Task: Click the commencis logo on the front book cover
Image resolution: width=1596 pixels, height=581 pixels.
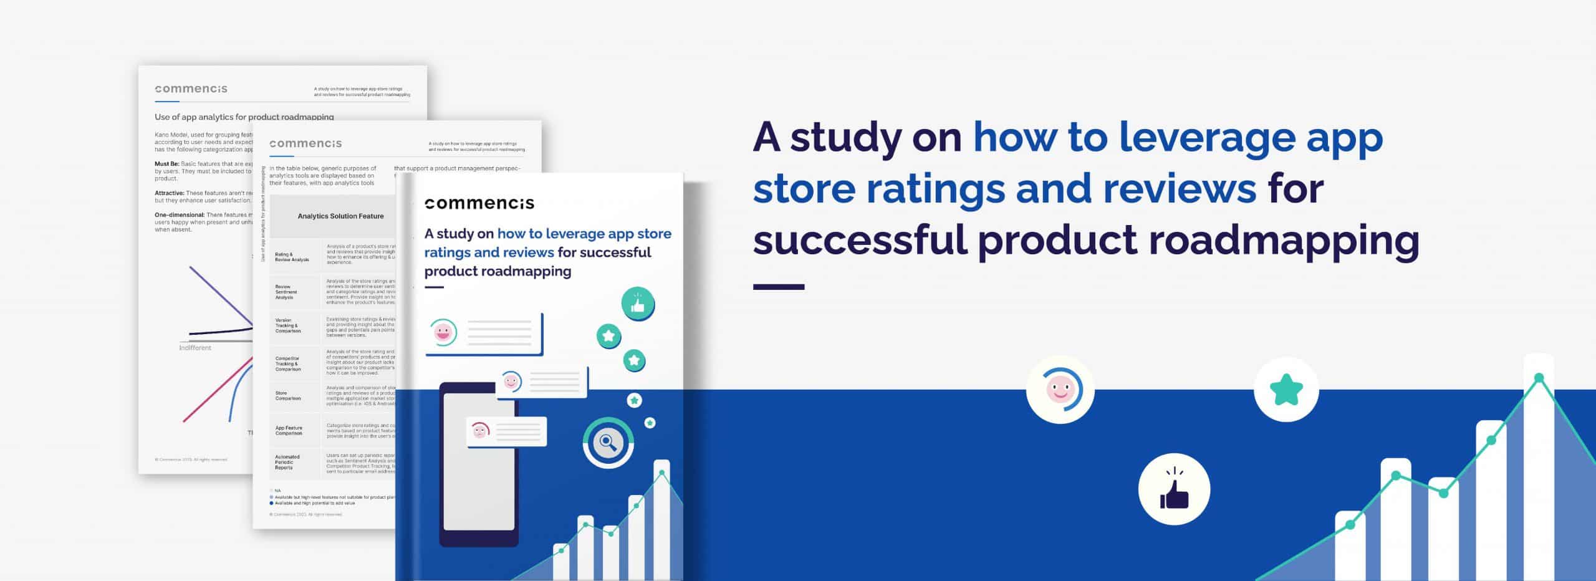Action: (x=479, y=203)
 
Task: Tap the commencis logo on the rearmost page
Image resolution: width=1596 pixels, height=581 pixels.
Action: (x=191, y=89)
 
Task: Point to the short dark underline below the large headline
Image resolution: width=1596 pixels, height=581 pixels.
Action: (x=778, y=287)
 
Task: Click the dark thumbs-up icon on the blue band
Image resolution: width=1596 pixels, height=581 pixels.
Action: (x=1174, y=489)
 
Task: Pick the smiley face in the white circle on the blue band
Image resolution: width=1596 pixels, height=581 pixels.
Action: (x=1060, y=390)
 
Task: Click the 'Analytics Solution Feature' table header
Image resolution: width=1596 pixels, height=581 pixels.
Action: (x=340, y=216)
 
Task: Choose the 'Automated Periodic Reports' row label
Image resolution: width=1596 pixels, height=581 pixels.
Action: (x=287, y=462)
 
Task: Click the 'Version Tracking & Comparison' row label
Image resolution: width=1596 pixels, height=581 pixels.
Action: (x=288, y=325)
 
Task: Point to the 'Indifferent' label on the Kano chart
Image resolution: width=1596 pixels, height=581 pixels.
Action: (x=195, y=348)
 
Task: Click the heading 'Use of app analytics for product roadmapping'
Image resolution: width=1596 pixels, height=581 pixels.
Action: (x=244, y=117)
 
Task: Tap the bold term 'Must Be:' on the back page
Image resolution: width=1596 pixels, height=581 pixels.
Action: (x=166, y=164)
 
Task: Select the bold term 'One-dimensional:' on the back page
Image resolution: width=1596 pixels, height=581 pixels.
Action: (x=180, y=215)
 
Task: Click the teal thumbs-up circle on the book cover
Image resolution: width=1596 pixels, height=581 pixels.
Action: (x=637, y=305)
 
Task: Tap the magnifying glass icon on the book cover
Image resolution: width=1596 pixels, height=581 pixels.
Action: (x=608, y=443)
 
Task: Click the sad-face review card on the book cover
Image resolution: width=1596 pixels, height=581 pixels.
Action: (x=506, y=431)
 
